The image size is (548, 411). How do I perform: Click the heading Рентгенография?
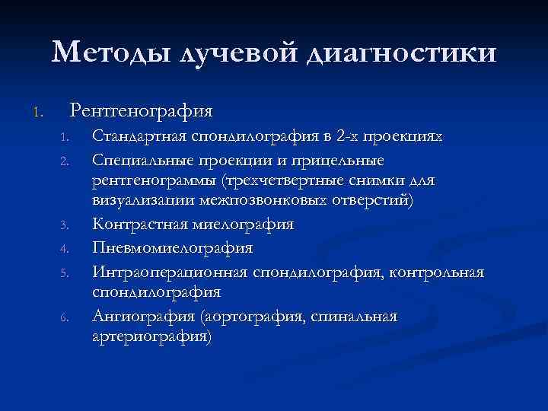point(141,110)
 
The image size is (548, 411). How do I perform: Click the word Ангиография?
point(135,316)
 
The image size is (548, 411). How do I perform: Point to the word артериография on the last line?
point(150,336)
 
